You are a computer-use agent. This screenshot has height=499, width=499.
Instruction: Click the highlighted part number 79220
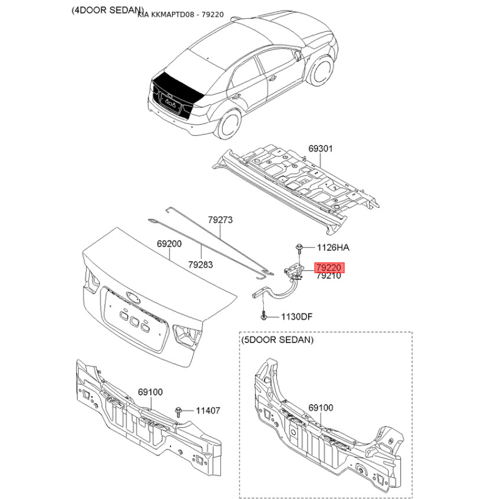pos(329,268)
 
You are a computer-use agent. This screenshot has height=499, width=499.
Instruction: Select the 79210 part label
pos(329,276)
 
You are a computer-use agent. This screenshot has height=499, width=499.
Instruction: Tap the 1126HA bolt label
pos(333,248)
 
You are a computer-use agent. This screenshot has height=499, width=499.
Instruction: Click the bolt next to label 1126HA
pos(299,248)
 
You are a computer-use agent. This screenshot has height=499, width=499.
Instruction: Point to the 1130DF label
pos(297,317)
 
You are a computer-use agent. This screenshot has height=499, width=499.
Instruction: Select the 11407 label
pos(208,410)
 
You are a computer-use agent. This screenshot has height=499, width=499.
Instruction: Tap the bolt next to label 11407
pos(178,412)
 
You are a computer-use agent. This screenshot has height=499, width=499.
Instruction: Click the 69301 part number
pos(321,148)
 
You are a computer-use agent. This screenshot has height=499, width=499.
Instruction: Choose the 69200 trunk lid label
pos(169,244)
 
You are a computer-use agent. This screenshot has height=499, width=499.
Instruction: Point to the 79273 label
pos(221,220)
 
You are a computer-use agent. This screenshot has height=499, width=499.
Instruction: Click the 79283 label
pos(200,264)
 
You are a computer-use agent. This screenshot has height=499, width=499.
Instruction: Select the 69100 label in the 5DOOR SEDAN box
pos(321,408)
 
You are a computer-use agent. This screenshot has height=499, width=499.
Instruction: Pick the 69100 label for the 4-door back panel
pos(150,392)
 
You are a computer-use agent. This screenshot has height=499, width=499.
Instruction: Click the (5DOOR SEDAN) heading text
pos(278,340)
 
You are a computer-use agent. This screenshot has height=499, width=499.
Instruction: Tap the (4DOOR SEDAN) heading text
pos(107,10)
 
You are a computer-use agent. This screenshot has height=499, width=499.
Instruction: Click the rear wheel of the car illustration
pos(228,123)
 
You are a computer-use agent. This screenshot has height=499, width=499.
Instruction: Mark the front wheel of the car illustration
pos(321,70)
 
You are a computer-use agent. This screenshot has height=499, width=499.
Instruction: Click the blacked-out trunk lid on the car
pos(176,92)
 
